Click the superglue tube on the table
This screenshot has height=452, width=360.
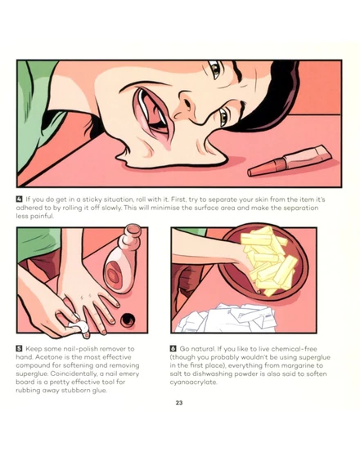click(x=290, y=162)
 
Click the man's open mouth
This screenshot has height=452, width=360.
click(x=151, y=113)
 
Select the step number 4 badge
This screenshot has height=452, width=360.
click(x=20, y=199)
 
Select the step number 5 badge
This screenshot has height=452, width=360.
click(x=20, y=348)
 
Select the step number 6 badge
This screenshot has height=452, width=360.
click(x=173, y=348)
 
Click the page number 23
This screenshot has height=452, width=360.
click(x=179, y=403)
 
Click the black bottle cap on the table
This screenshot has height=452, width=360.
click(x=127, y=320)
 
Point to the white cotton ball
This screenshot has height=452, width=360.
click(x=79, y=326)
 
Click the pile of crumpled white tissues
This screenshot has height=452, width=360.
click(x=227, y=318)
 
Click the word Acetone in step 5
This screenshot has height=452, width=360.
click(x=48, y=357)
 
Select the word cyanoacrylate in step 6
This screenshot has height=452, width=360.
click(x=193, y=383)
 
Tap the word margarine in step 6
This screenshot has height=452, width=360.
click(x=295, y=366)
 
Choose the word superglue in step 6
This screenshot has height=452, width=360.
click(x=314, y=357)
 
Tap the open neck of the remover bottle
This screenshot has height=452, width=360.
click(x=133, y=230)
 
